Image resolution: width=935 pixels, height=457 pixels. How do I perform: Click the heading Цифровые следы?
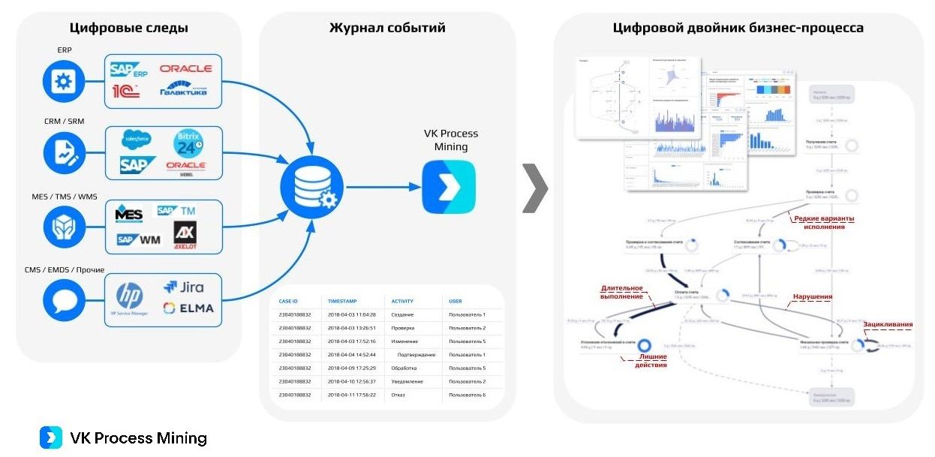click(x=128, y=29)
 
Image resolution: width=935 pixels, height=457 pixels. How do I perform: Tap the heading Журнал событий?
click(x=387, y=29)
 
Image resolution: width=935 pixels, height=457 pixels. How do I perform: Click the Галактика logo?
click(x=183, y=90)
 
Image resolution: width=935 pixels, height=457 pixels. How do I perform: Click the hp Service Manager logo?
click(x=130, y=298)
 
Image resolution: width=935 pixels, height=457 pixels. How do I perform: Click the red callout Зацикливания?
click(x=888, y=325)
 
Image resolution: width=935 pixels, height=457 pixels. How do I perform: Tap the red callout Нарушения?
click(x=813, y=296)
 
